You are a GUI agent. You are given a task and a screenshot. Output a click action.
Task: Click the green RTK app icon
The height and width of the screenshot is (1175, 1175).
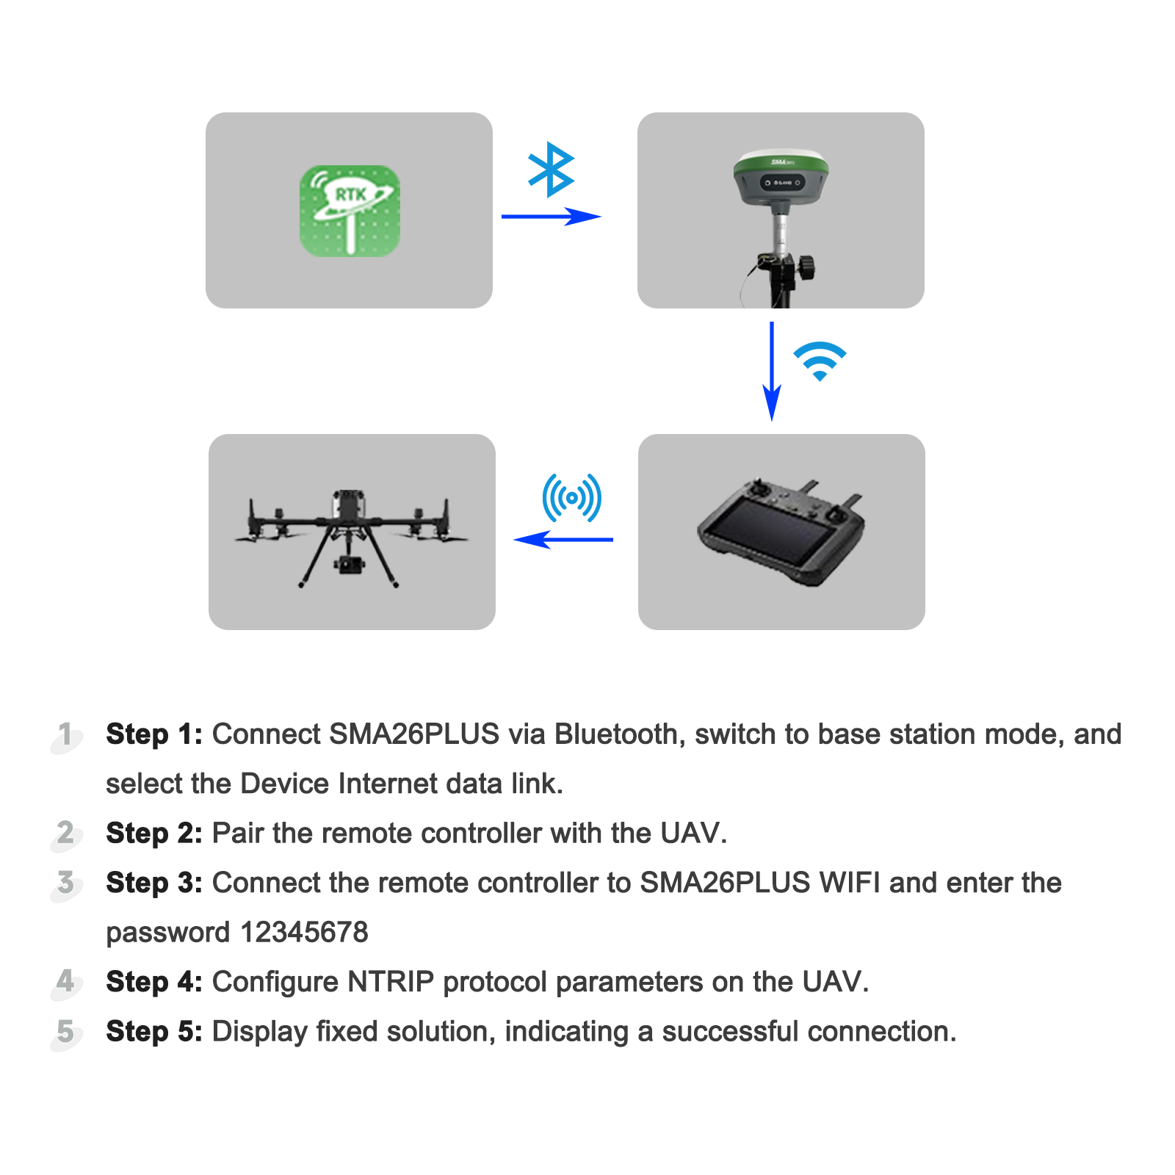coord(350,211)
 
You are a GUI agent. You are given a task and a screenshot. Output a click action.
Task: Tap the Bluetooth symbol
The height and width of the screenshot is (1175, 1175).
coord(551,170)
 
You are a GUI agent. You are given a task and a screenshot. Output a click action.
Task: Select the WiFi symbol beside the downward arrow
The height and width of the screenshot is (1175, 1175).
coord(820,361)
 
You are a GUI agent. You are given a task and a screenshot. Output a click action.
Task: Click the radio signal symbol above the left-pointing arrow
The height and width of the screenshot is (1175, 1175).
coord(571,498)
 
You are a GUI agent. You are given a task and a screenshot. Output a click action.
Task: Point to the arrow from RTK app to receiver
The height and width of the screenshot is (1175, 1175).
coord(551,217)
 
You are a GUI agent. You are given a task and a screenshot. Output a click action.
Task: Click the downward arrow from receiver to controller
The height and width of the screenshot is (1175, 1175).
coord(772,371)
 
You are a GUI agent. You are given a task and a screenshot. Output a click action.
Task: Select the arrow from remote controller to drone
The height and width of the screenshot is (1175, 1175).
coord(563,540)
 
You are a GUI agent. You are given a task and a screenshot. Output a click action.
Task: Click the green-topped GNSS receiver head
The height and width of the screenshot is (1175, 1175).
coord(781,176)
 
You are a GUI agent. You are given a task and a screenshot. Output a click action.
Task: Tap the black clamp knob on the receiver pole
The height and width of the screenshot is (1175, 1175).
coord(807,266)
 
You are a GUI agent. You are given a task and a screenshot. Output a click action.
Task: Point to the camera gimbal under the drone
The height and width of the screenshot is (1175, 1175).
coord(349,565)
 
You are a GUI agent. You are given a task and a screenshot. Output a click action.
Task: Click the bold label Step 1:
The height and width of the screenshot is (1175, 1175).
coord(154,734)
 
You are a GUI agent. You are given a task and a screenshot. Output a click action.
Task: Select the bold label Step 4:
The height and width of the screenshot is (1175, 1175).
coord(154,982)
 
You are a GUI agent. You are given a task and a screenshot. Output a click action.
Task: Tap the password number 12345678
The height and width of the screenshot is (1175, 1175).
coord(304,933)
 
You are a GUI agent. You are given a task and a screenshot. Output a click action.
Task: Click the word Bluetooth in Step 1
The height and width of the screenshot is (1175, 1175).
coord(615,734)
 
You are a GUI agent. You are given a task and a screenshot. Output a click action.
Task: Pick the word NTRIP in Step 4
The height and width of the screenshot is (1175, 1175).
coord(391,982)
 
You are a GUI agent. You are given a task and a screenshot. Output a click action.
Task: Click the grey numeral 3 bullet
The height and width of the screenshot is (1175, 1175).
coord(66,883)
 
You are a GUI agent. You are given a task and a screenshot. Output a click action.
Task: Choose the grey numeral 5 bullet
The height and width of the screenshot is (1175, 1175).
coord(66,1032)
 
